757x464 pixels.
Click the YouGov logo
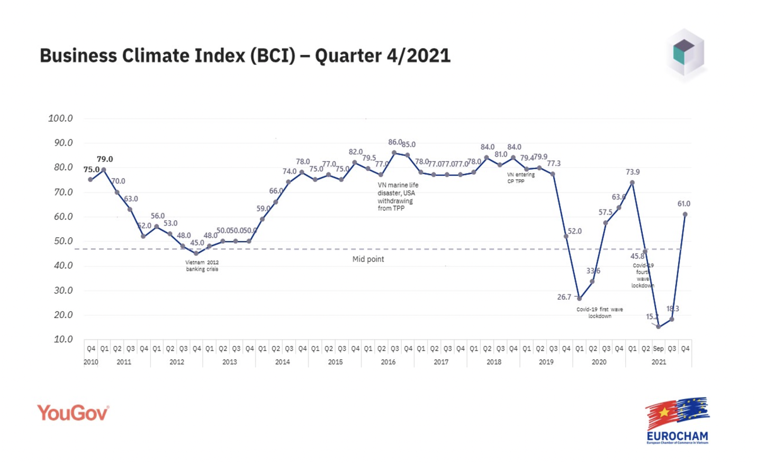pyautogui.click(x=73, y=413)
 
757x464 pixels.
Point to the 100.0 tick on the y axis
pyautogui.click(x=61, y=118)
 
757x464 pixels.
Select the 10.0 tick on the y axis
pyautogui.click(x=62, y=340)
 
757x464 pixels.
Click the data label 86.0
pyautogui.click(x=396, y=143)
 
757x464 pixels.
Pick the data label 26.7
pyautogui.click(x=563, y=297)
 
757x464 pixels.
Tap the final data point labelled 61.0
pyautogui.click(x=685, y=214)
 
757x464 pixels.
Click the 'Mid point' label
pyautogui.click(x=368, y=259)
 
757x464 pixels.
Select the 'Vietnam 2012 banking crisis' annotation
pyautogui.click(x=202, y=266)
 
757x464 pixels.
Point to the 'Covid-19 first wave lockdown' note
pyautogui.click(x=600, y=312)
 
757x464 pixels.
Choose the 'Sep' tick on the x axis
pyautogui.click(x=658, y=348)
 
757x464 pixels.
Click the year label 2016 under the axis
pyautogui.click(x=388, y=362)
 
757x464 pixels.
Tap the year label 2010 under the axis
pyautogui.click(x=90, y=362)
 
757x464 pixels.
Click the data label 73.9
pyautogui.click(x=633, y=172)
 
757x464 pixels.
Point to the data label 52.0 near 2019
pyautogui.click(x=574, y=231)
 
